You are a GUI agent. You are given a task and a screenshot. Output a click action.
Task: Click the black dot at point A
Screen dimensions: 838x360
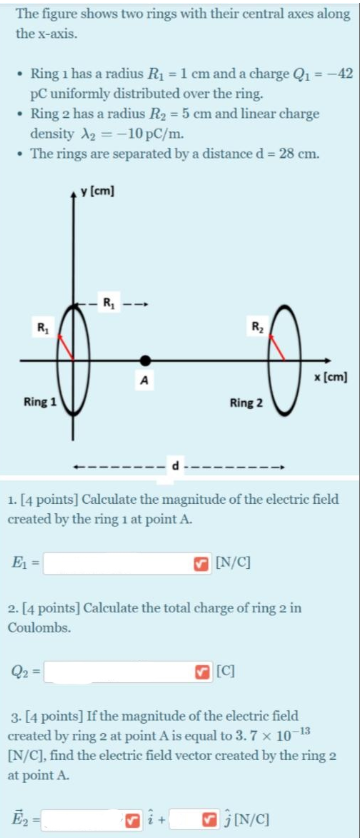[x=146, y=360]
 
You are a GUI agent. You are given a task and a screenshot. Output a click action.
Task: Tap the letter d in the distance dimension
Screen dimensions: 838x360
[x=177, y=465]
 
